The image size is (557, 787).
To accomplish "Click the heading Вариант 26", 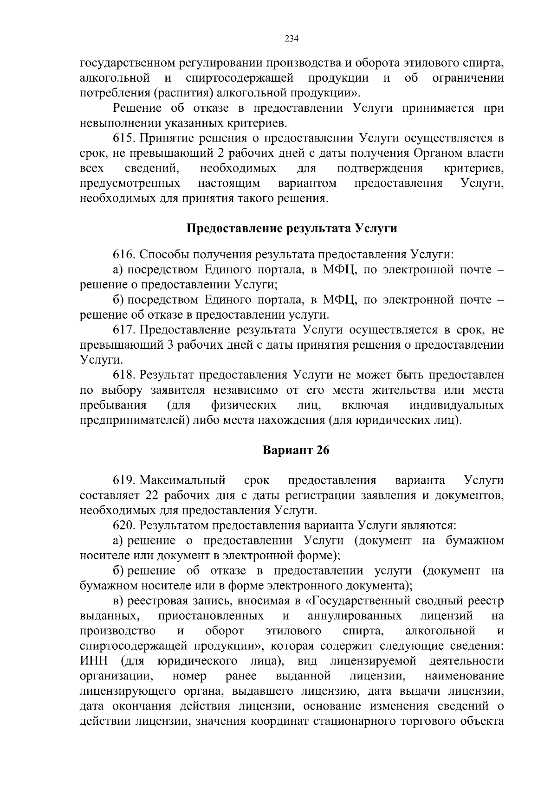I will [x=296, y=450].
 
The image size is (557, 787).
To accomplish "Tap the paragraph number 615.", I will [x=124, y=138].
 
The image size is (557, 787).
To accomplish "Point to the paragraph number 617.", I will [x=124, y=330].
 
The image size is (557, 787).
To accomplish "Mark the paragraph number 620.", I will [x=124, y=525].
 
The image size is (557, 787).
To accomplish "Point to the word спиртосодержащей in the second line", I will [x=239, y=77].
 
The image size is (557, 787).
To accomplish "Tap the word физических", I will [x=244, y=405].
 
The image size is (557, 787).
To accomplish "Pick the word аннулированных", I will [x=355, y=616].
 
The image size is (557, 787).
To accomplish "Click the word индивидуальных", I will [x=456, y=405].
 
